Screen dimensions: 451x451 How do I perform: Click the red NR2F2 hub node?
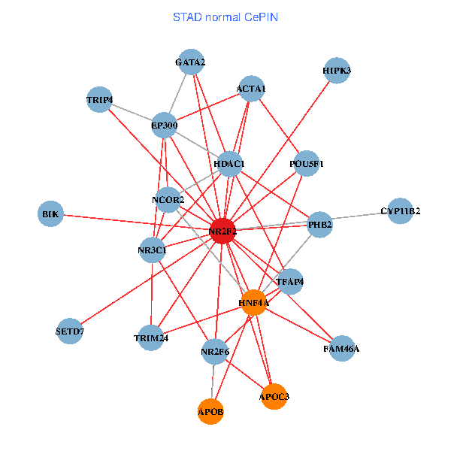point(222,231)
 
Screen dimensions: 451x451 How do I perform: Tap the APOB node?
point(211,411)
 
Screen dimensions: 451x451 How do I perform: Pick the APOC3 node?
point(274,396)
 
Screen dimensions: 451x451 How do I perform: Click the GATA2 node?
point(190,62)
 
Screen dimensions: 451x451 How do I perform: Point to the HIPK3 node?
point(337,71)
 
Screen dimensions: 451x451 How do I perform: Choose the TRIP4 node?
point(99,99)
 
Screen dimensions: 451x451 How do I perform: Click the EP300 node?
point(164,124)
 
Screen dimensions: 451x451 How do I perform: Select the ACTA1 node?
point(251,89)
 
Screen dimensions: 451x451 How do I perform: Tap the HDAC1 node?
point(229,163)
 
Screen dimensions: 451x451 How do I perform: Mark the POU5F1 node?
point(307,163)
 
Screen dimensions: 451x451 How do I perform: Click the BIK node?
point(50,214)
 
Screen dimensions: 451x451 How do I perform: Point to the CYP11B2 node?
point(400,210)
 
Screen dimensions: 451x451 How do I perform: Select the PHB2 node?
point(320,224)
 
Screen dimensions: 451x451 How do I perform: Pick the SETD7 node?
point(70,331)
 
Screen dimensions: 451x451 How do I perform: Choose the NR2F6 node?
point(216,351)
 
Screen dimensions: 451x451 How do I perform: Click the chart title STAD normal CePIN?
point(225,17)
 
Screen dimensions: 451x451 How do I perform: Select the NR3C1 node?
point(152,250)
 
